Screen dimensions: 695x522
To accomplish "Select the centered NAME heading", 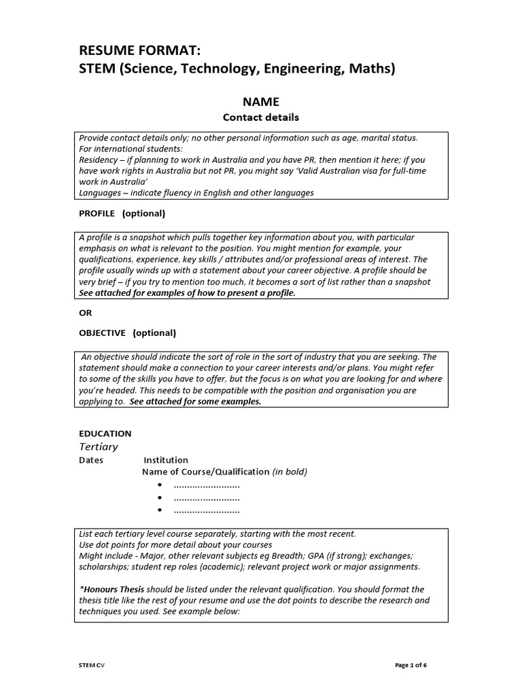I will [x=261, y=102].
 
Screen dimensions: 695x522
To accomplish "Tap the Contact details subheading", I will [x=261, y=117].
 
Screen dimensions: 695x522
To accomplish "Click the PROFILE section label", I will [x=97, y=213].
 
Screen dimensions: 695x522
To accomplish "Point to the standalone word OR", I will [x=86, y=313].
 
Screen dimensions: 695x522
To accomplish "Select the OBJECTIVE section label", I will [x=103, y=333].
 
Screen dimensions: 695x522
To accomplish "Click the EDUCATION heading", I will [x=105, y=433].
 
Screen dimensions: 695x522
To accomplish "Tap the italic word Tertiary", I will [x=99, y=447].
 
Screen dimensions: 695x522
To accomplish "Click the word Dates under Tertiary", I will [x=92, y=460].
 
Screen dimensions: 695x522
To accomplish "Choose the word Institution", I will [x=166, y=460].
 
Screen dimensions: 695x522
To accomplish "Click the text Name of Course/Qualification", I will [x=205, y=472].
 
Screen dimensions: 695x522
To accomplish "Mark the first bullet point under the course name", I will [x=160, y=485].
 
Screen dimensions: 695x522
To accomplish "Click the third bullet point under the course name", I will [x=160, y=510].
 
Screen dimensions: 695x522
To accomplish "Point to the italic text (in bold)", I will [x=290, y=472].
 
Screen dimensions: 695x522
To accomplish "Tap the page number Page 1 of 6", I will [x=411, y=665].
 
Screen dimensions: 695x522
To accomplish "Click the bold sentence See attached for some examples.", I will [x=195, y=401].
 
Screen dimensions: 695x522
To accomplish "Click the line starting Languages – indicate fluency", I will [x=196, y=193].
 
